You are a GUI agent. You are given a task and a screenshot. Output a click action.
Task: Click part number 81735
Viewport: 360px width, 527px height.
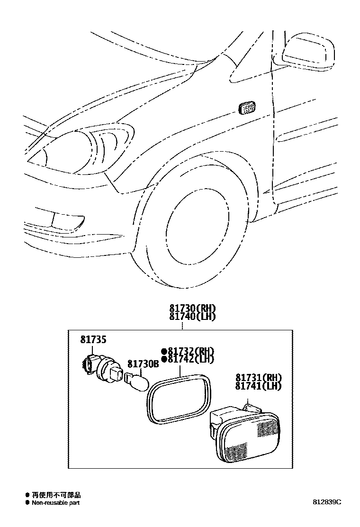coord(93,339)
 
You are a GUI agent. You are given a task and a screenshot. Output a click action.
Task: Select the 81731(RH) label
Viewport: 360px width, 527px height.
coord(258,378)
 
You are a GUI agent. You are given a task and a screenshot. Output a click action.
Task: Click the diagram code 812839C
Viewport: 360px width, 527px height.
coord(326,502)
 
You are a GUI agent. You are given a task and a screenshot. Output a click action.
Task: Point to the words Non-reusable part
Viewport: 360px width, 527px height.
coord(55,502)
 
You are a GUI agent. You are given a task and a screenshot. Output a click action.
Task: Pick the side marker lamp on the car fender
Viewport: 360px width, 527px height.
coord(248,108)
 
